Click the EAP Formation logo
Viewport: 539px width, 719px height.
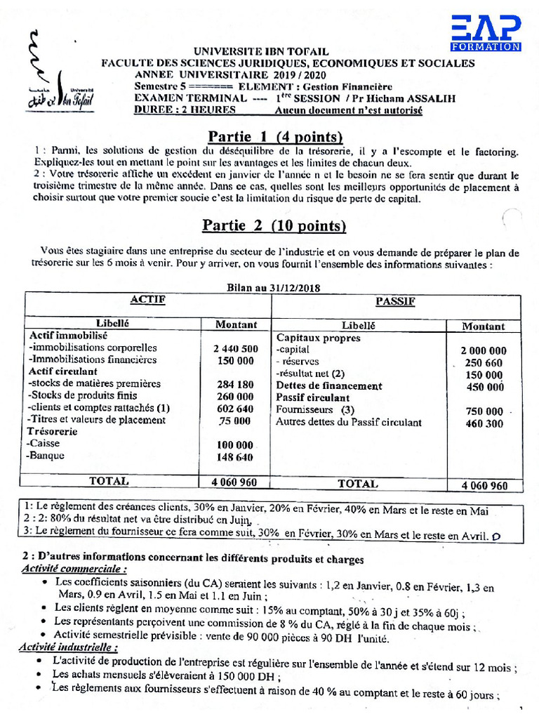(486, 33)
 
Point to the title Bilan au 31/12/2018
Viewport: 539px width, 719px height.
(270, 288)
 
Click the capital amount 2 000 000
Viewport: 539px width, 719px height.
(484, 350)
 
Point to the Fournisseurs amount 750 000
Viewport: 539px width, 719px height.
(484, 411)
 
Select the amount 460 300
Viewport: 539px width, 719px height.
(484, 423)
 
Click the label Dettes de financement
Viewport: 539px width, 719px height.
(328, 386)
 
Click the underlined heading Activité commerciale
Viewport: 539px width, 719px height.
(74, 569)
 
